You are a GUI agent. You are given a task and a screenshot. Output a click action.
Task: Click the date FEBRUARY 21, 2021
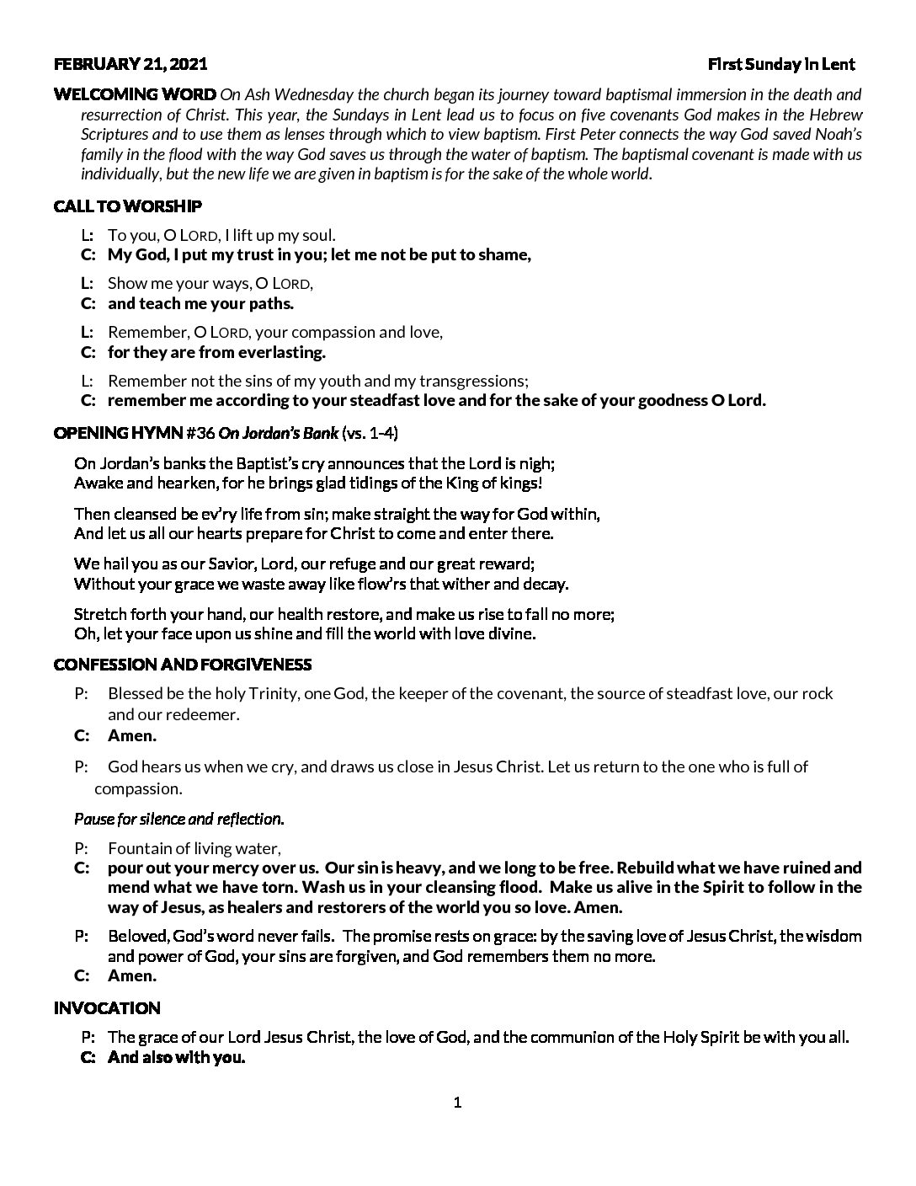(x=130, y=64)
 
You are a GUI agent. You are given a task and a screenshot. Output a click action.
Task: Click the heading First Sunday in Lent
(x=780, y=64)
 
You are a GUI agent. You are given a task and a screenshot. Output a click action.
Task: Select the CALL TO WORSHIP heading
(x=127, y=206)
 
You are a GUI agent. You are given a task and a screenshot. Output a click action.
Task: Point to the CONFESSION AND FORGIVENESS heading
(x=182, y=665)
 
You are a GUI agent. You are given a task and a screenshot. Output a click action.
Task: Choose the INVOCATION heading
(x=106, y=1008)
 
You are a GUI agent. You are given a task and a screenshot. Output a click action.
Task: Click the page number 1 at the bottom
(x=457, y=1103)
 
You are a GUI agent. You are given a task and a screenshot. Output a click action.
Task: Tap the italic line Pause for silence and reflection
(x=178, y=819)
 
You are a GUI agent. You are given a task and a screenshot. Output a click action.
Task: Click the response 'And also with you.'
(x=176, y=1058)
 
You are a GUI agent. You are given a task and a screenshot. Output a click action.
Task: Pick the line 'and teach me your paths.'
(x=200, y=304)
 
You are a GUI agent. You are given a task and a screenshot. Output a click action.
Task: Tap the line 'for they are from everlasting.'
(x=216, y=352)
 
